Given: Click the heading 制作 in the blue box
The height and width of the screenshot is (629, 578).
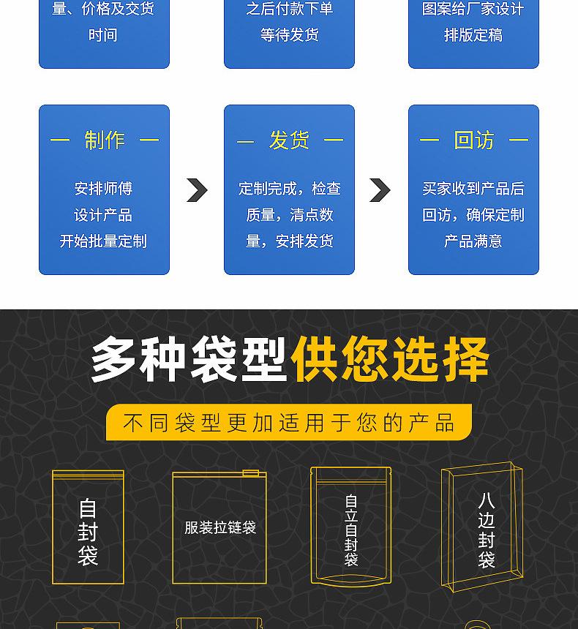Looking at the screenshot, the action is [x=104, y=140].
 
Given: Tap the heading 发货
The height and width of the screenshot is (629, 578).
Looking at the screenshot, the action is [x=289, y=140].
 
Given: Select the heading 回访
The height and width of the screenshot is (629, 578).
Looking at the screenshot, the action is [x=473, y=140].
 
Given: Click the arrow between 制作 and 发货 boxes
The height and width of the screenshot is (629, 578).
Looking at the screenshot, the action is [x=197, y=190].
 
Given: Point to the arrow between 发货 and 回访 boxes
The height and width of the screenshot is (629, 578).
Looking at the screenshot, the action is [x=380, y=190].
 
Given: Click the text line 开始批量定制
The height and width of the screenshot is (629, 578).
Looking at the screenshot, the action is [x=103, y=241].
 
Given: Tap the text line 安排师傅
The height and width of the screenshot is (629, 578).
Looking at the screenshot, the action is [x=103, y=189].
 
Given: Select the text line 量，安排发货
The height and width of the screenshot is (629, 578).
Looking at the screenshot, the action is [x=289, y=241].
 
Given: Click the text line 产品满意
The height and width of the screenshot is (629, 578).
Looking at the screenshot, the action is [x=473, y=241].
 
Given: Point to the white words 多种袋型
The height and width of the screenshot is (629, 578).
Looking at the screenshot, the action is [x=188, y=360].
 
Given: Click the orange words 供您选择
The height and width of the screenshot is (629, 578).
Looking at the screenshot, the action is [x=390, y=360].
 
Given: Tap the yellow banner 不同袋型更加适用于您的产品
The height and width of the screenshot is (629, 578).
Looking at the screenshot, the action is [x=289, y=423].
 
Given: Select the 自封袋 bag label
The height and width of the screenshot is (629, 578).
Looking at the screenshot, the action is [x=88, y=532].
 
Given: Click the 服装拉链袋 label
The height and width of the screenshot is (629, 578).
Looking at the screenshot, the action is [x=219, y=527].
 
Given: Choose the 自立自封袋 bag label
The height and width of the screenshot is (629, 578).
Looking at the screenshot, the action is [x=351, y=531].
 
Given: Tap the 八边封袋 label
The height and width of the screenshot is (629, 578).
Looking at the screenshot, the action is [x=487, y=530].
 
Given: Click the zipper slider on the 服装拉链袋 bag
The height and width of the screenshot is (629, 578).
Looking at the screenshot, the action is [x=251, y=473].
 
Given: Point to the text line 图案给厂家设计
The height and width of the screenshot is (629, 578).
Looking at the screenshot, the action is [x=473, y=9].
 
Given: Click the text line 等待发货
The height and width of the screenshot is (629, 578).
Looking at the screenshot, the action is [x=289, y=34].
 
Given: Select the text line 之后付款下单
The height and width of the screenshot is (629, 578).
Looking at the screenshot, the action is [x=289, y=9].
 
